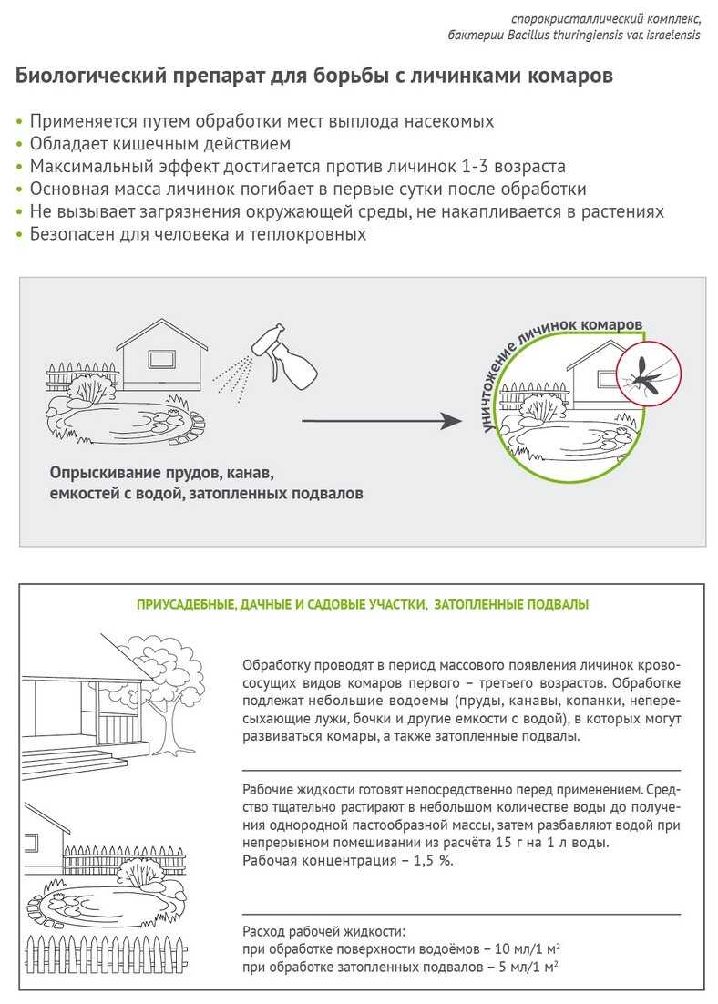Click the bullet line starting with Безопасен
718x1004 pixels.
(197, 234)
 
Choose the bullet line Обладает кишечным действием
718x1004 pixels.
(160, 144)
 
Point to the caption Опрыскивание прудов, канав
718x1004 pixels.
(162, 475)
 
